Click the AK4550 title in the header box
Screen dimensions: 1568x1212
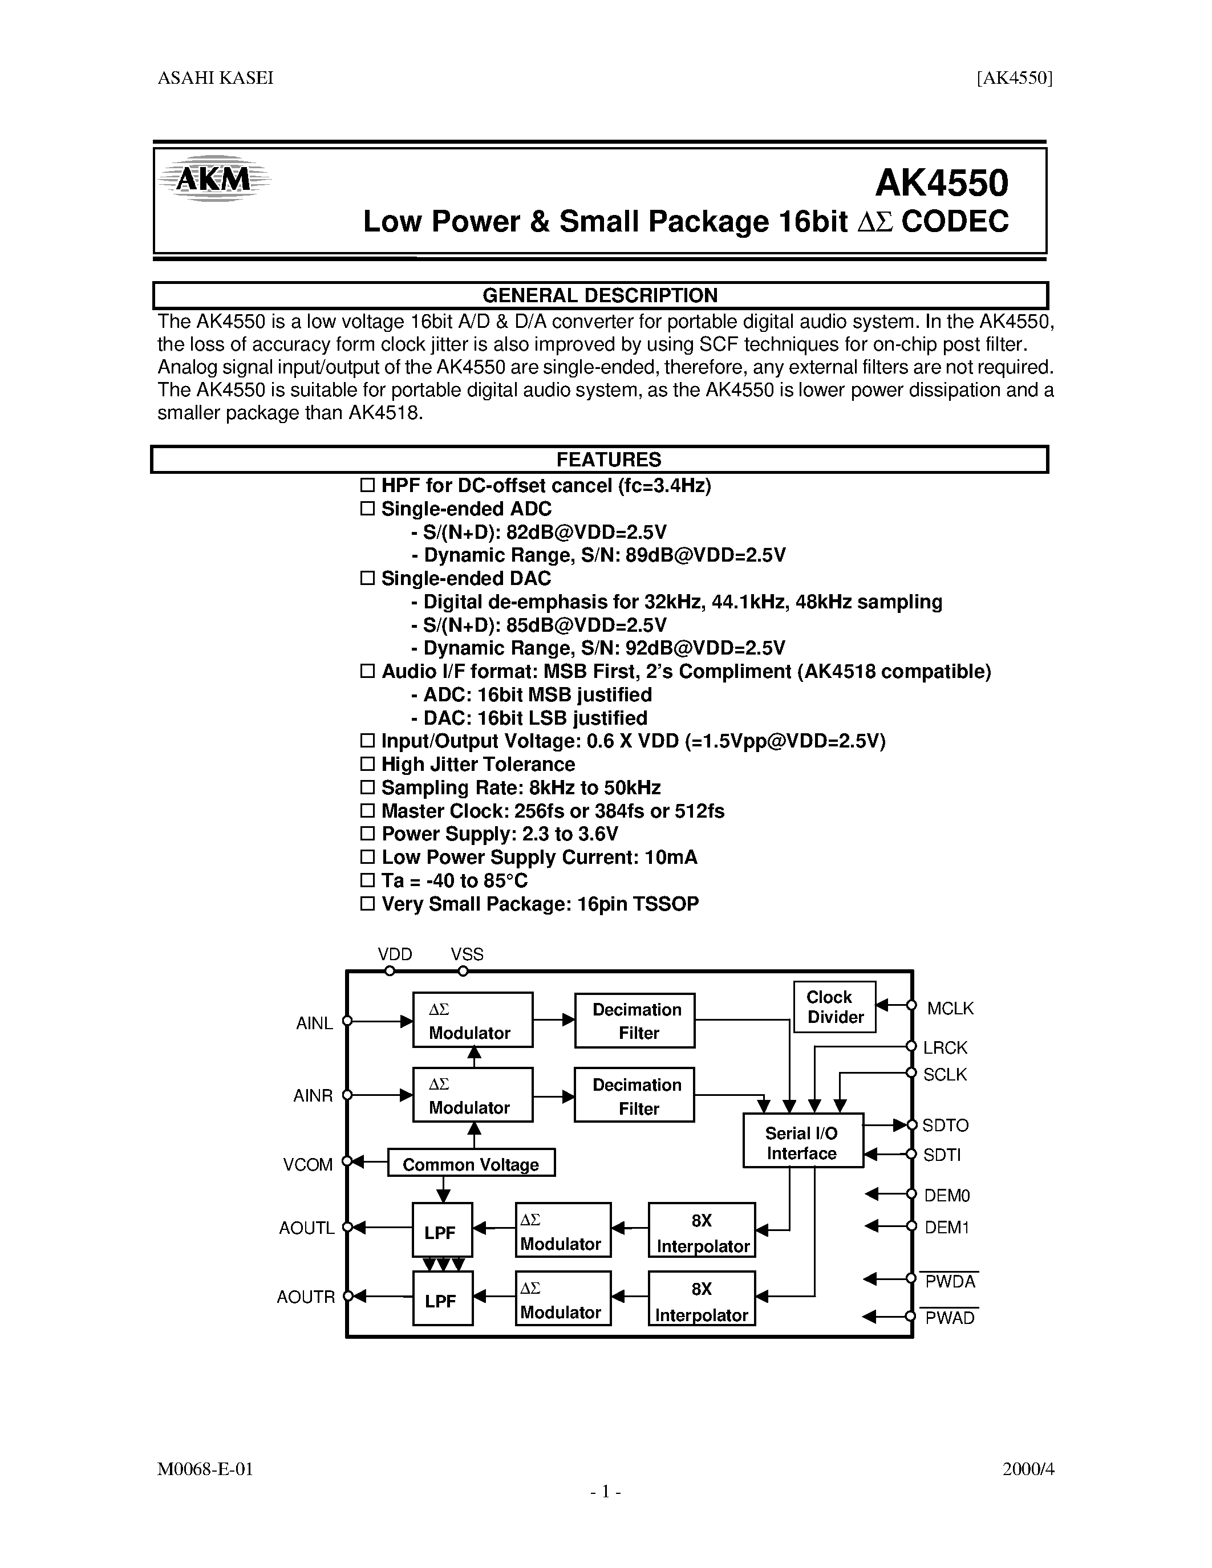[941, 183]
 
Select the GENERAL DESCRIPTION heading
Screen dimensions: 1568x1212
[599, 296]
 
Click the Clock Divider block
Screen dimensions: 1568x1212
[834, 1006]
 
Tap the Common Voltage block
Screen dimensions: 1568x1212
[471, 1164]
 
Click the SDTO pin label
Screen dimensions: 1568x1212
[945, 1125]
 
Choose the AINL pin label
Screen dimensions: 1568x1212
[314, 1023]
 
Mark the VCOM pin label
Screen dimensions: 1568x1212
[308, 1164]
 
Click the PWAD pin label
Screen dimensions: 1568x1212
[949, 1318]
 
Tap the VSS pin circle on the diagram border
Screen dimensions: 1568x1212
[463, 970]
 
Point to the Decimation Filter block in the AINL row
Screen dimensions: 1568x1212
[635, 1020]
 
